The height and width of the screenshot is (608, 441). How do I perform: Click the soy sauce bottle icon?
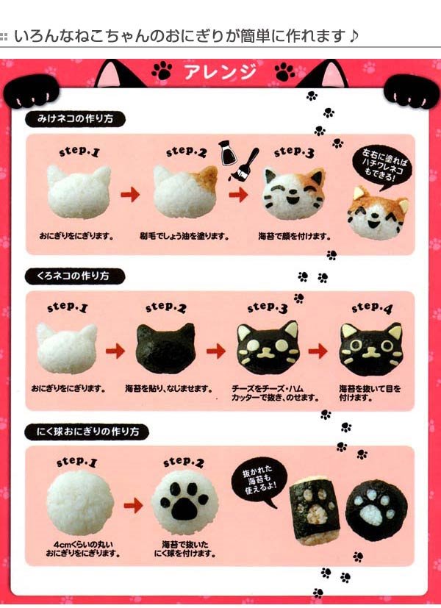click(x=226, y=153)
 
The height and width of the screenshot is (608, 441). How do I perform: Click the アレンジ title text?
click(x=220, y=72)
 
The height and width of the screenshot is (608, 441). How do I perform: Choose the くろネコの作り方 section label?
click(x=75, y=276)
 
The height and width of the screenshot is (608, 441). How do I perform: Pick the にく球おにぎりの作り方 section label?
click(x=87, y=431)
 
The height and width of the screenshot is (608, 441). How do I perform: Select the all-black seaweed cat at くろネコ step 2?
click(x=165, y=348)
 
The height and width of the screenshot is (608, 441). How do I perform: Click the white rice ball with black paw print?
click(x=184, y=504)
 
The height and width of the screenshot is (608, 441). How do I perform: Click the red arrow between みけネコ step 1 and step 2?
click(x=130, y=194)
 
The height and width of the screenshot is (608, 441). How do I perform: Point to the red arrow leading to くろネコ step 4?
click(x=318, y=351)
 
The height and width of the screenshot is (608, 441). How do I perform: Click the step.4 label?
click(x=372, y=308)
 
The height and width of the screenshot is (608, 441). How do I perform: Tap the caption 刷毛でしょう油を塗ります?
click(x=184, y=236)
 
